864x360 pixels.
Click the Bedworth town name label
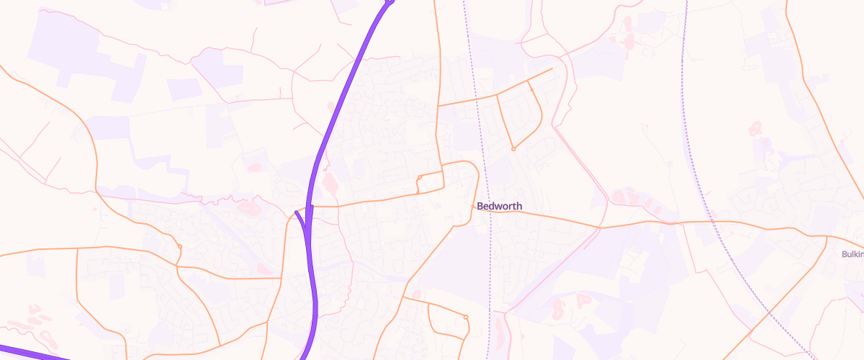click(500, 207)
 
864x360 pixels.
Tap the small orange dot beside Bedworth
click(473, 207)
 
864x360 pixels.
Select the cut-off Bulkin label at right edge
click(852, 254)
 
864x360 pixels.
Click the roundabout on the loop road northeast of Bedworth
click(513, 149)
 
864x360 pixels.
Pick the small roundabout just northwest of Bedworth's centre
click(419, 177)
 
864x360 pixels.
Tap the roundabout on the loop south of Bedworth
click(466, 317)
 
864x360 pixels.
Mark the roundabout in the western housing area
click(179, 248)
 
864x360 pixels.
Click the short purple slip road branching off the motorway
click(301, 219)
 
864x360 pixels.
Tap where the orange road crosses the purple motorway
click(310, 207)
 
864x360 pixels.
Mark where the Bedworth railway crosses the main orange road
click(490, 211)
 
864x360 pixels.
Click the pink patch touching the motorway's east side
click(330, 183)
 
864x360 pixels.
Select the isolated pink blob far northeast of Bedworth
click(755, 130)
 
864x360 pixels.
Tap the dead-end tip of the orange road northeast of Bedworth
click(552, 68)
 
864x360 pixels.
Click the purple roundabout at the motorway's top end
click(390, 1)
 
